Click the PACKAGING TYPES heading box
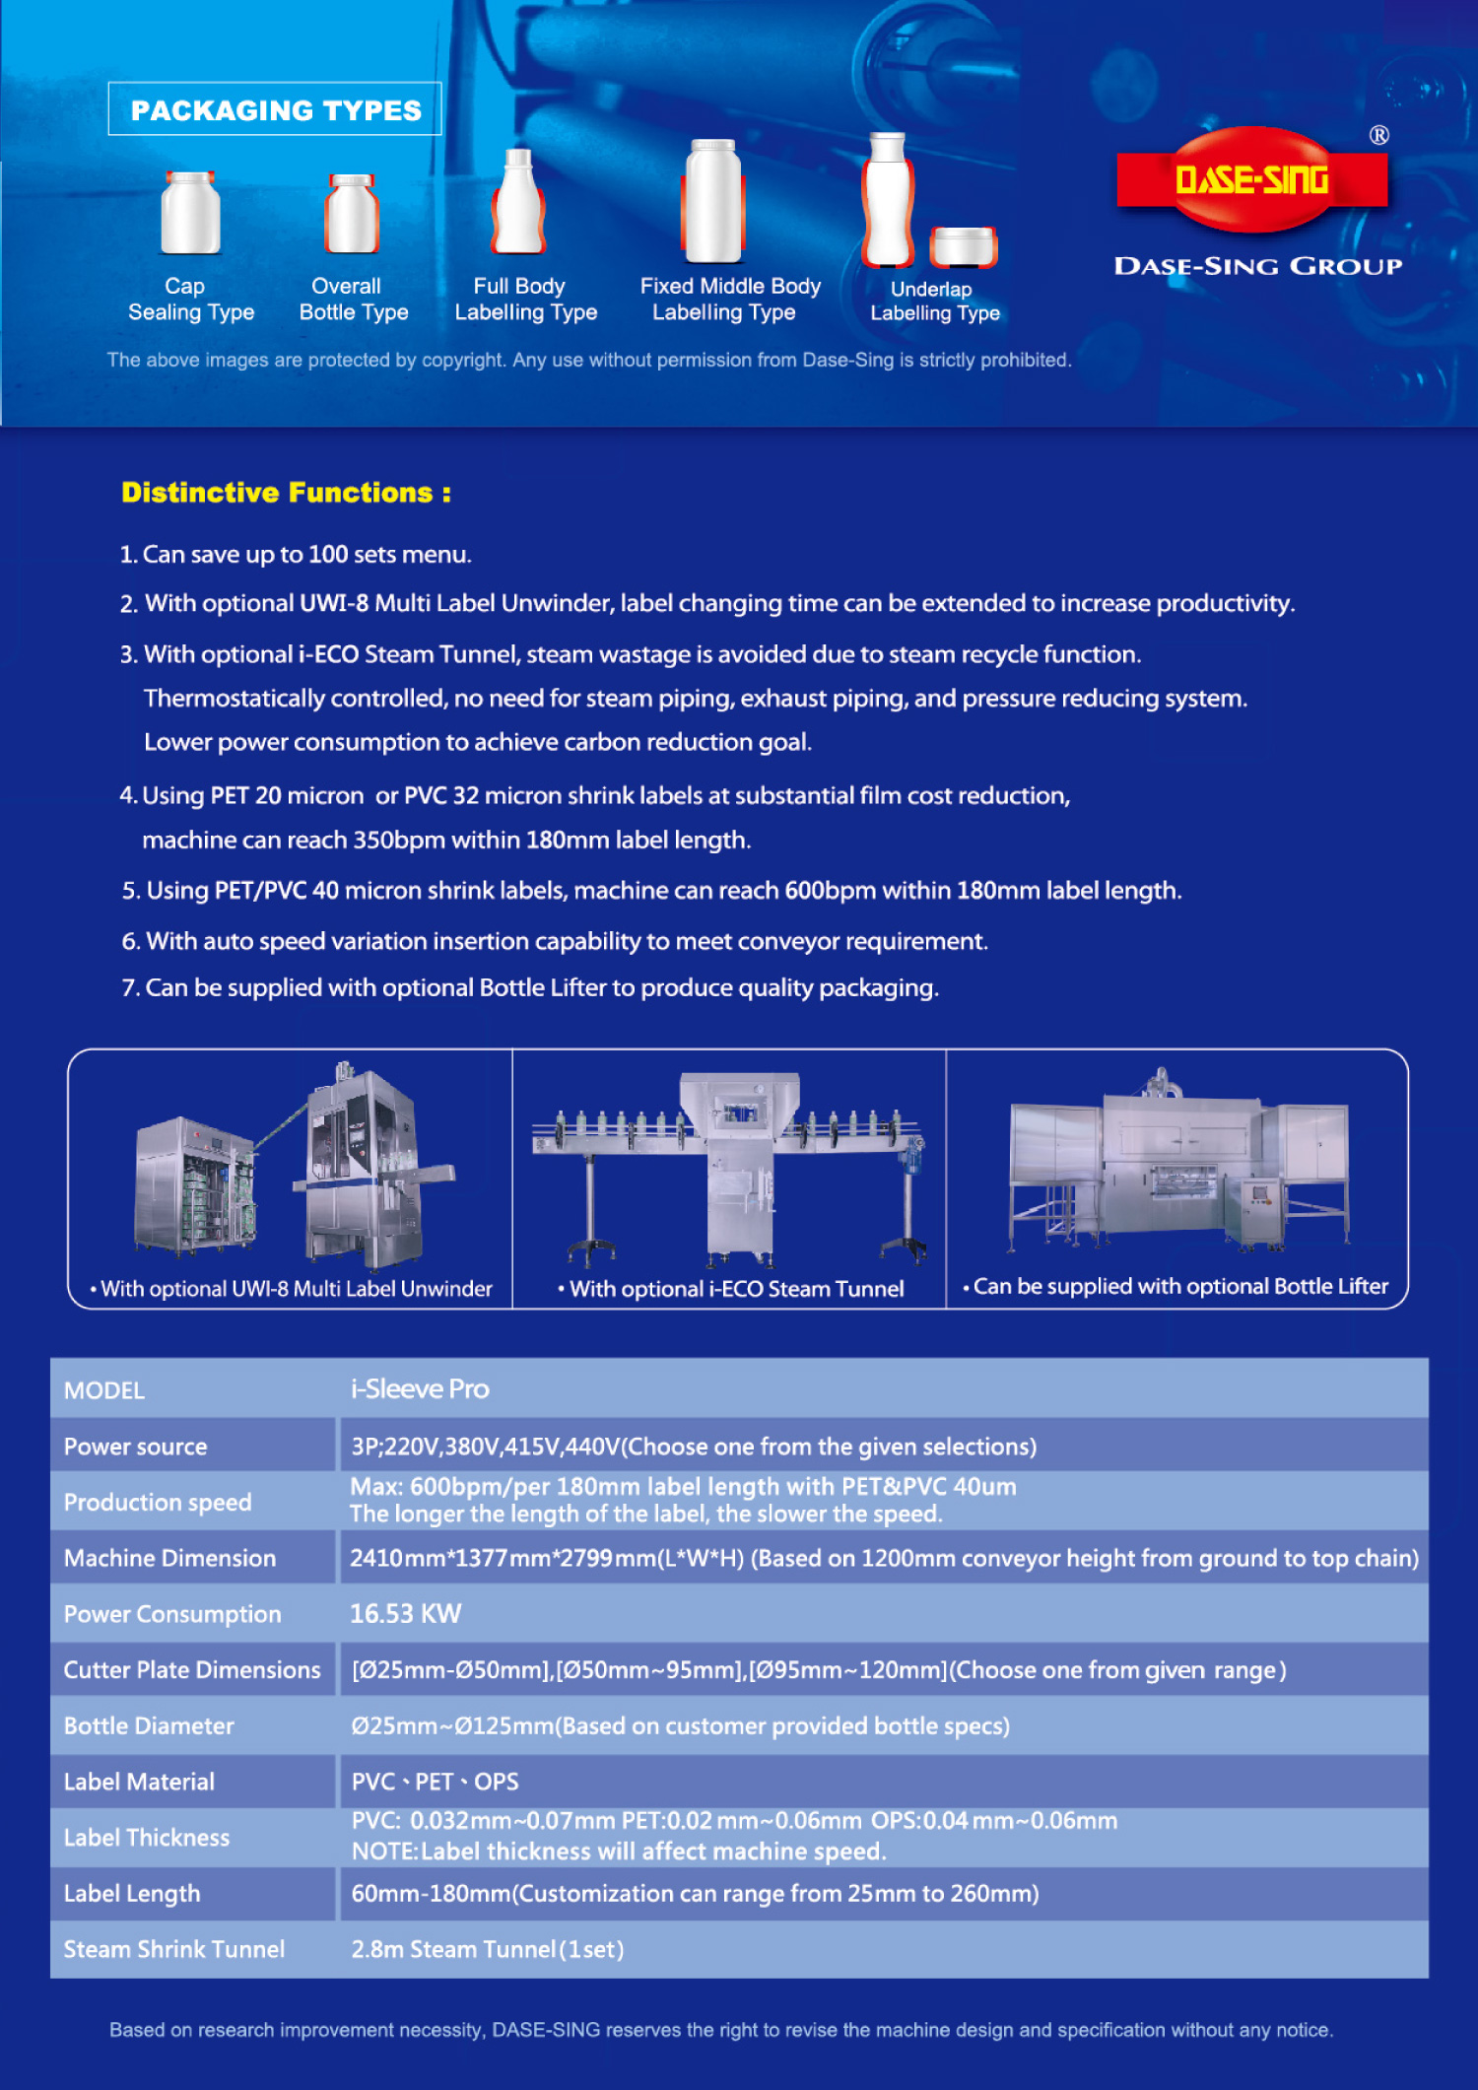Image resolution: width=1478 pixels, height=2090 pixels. pyautogui.click(x=275, y=109)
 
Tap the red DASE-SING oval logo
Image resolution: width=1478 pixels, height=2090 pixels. pyautogui.click(x=1251, y=179)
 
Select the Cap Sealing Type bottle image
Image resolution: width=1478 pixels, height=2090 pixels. pyautogui.click(x=190, y=213)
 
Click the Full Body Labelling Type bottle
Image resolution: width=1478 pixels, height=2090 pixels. pyautogui.click(x=518, y=203)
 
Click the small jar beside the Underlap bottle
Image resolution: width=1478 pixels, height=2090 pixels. pyautogui.click(x=964, y=246)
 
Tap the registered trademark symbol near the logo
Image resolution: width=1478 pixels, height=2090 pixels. pyautogui.click(x=1378, y=135)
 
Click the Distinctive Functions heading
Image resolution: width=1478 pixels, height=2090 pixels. pyautogui.click(x=286, y=493)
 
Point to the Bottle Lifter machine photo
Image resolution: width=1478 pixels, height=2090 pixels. pyautogui.click(x=1178, y=1163)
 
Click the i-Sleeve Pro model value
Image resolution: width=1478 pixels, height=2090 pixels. pyautogui.click(x=420, y=1389)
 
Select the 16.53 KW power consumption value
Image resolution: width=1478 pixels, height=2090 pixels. pyautogui.click(x=405, y=1614)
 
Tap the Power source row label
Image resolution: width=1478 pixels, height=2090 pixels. pyautogui.click(x=136, y=1447)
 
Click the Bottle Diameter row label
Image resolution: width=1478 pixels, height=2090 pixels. pyautogui.click(x=149, y=1726)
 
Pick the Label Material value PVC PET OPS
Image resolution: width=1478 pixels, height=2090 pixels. pyautogui.click(x=435, y=1782)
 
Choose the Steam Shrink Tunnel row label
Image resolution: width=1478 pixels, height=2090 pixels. pyautogui.click(x=174, y=1949)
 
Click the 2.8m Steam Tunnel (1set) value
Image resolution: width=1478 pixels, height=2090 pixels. pyautogui.click(x=488, y=1949)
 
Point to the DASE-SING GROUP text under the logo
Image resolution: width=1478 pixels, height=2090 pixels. pyautogui.click(x=1257, y=266)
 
